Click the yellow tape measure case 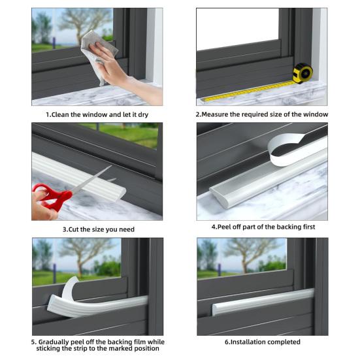tap(303, 73)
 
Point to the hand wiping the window tap(120, 69)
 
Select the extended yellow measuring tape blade tap(249, 91)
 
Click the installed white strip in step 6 tap(263, 302)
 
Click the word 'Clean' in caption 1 tap(60, 114)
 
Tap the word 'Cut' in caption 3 tap(73, 229)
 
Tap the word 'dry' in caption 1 tap(143, 114)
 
